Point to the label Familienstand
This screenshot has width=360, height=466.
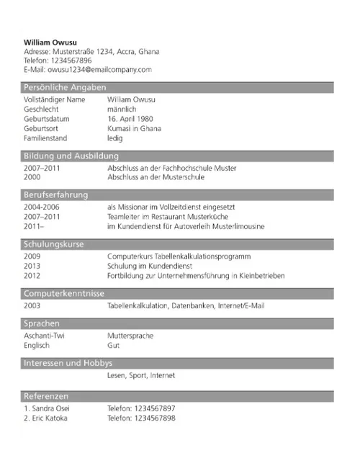48,139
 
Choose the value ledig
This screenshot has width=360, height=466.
115,139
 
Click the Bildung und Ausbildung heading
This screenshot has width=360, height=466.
71,156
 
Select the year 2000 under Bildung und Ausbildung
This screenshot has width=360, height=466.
32,177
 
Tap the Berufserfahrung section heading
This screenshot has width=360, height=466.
56,194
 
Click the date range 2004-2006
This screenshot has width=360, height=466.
42,206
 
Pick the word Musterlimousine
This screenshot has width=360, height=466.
237,226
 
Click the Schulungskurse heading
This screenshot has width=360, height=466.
54,244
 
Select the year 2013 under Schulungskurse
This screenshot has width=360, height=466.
32,265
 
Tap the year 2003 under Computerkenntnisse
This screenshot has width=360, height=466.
32,305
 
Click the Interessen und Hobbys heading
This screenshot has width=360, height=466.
68,364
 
